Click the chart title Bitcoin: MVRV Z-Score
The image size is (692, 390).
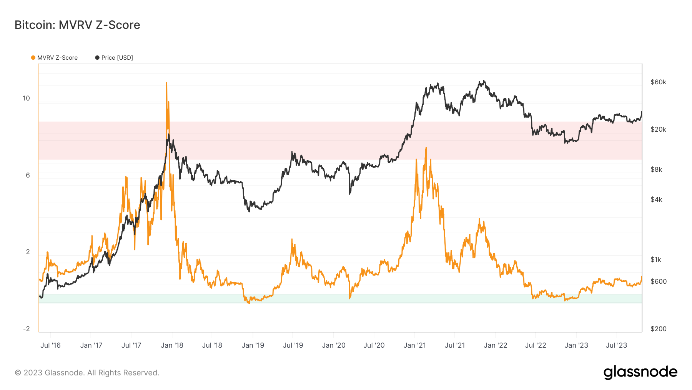point(77,25)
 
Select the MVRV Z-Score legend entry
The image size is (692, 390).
point(54,58)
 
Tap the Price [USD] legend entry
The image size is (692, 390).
point(114,58)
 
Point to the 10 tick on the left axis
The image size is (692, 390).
point(26,98)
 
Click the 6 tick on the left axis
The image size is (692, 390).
point(28,175)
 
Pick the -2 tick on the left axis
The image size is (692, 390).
point(26,329)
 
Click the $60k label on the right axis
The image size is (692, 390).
point(658,82)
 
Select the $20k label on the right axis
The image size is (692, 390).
point(658,129)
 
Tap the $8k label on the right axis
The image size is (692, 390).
point(656,169)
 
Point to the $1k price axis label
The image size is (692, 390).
point(656,259)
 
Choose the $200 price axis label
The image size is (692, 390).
point(658,329)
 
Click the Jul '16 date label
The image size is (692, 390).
point(50,345)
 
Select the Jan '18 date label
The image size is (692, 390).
point(172,345)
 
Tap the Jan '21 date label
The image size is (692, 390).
point(414,345)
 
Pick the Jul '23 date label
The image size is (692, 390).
point(616,345)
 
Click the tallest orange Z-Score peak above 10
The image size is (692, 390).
point(166,83)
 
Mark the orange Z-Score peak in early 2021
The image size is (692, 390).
point(426,148)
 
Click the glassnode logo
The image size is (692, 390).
point(640,372)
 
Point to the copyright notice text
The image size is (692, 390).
point(87,373)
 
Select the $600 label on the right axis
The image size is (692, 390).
point(658,281)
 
